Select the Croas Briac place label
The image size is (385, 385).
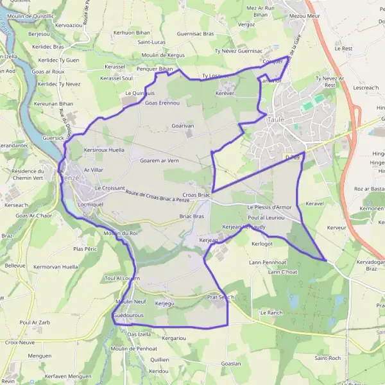196,194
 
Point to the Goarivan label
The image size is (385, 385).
183,126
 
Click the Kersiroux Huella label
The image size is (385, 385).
104,150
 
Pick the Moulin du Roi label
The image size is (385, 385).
121,233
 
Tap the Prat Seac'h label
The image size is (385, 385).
221,298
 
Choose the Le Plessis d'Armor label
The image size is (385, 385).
269,207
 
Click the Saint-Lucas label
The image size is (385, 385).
151,42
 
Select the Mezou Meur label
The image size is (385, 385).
304,15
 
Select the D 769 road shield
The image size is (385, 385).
293,156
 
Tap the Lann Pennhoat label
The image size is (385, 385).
268,262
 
